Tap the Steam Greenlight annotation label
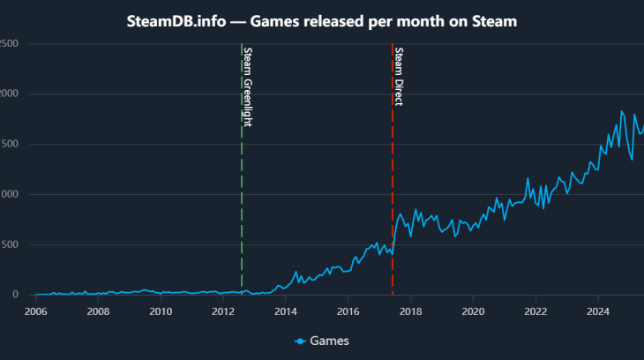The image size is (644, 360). click(247, 86)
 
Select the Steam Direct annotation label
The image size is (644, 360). click(399, 76)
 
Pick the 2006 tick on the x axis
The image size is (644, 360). click(36, 311)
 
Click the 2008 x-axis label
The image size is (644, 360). click(98, 311)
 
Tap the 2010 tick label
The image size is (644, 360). click(161, 311)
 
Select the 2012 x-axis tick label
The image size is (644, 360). click(223, 311)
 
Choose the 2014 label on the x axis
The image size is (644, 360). click(286, 311)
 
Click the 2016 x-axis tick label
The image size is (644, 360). click(348, 311)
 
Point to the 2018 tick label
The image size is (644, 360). click(411, 311)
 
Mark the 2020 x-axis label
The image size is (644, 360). click(474, 311)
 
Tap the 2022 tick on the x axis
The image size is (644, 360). click(535, 311)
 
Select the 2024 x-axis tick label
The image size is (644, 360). click(598, 311)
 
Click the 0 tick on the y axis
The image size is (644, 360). click(15, 295)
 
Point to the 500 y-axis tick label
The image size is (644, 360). click(10, 244)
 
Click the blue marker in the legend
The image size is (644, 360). click(301, 341)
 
